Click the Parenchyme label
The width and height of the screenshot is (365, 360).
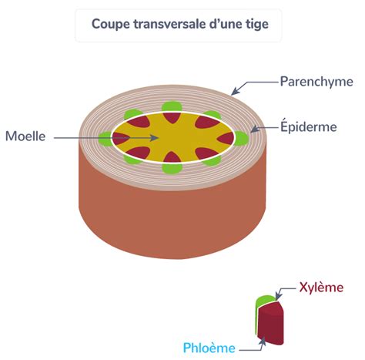point(316,82)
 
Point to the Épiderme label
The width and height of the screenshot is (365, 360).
point(309,126)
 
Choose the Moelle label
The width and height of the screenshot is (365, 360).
point(25,136)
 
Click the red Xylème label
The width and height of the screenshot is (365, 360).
point(321,288)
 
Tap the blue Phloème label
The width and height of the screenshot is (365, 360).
point(209,348)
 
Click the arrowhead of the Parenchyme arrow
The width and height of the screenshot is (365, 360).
point(234,93)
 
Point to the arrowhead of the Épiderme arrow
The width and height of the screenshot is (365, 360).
point(253,130)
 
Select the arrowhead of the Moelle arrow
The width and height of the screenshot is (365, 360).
point(155,138)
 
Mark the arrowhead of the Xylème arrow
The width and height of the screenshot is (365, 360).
point(277,298)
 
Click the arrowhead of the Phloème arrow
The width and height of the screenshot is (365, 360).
point(263,340)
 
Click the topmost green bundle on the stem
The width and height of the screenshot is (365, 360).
point(172,107)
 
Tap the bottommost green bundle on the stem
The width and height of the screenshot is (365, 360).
point(172,168)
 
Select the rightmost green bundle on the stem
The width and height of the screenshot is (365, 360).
point(242,138)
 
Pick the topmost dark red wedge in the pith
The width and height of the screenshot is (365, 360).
point(172,118)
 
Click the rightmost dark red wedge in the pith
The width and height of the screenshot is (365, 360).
point(226,139)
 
